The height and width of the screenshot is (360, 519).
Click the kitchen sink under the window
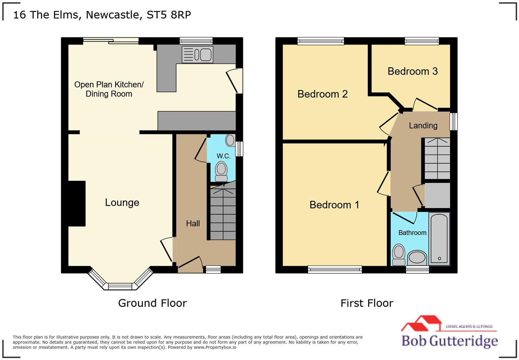point(197,55)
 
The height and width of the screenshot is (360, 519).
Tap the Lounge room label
point(122,203)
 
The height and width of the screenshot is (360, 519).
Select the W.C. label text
point(223,156)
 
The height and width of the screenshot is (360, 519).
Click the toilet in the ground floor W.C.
point(221,171)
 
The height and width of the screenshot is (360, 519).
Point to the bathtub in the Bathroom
point(439,238)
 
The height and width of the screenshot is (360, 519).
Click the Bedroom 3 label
point(413,71)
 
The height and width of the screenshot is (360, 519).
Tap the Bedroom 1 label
point(334,205)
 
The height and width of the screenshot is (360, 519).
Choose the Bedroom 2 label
point(322,94)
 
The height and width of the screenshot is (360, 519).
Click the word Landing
point(423,126)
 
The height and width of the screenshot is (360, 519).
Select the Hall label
point(193,224)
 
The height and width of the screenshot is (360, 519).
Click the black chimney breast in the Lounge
point(77,203)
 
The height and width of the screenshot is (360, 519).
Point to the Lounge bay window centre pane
point(120,286)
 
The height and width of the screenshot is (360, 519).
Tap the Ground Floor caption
point(152,303)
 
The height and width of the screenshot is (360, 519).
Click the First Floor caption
point(367,303)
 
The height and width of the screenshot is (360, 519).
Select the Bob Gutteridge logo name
point(449,341)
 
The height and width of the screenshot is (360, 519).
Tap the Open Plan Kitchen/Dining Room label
point(109,89)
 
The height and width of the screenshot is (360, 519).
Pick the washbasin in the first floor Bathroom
point(417,257)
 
